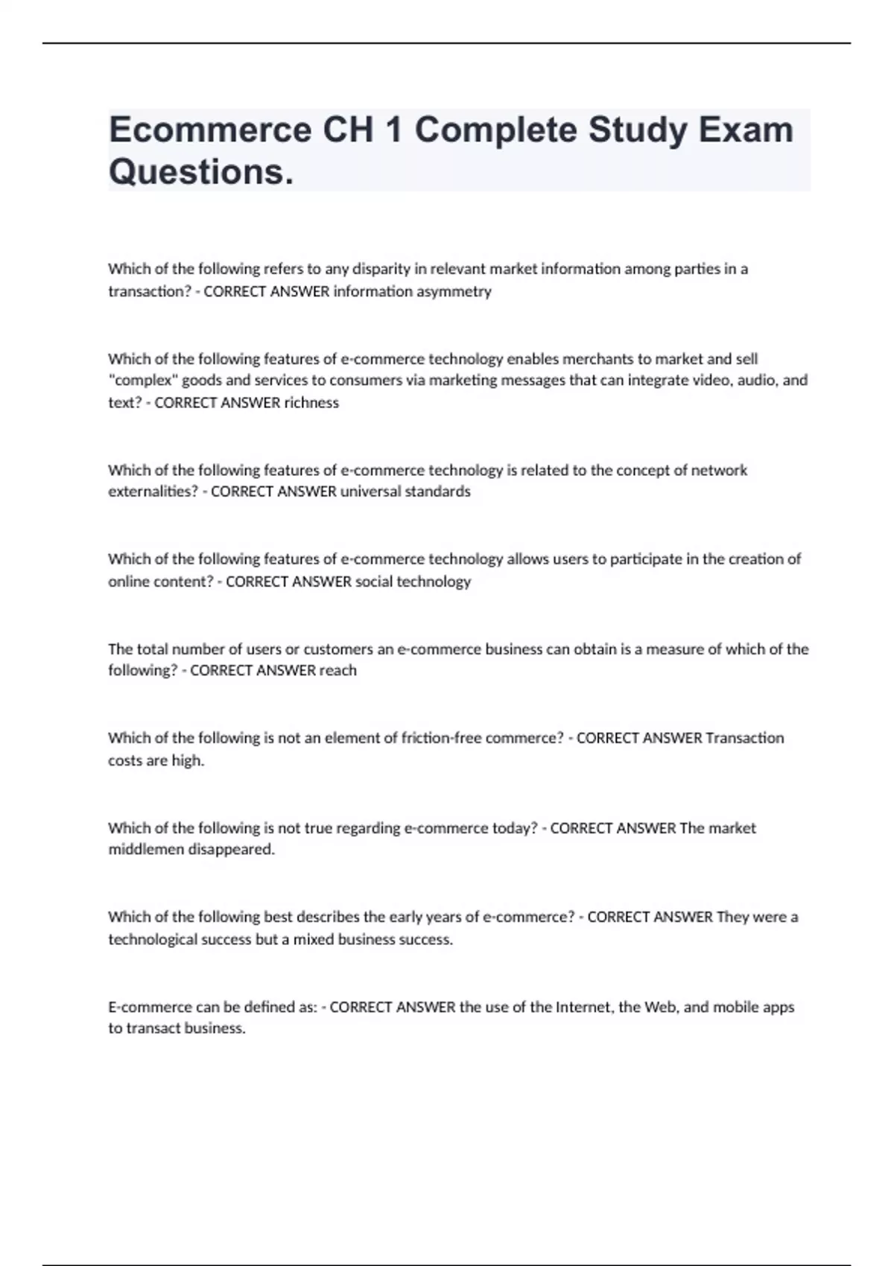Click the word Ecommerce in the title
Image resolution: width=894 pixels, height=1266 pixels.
[x=210, y=130]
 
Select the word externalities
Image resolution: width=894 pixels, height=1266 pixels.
[x=153, y=492]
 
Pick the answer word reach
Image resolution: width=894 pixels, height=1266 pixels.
[x=338, y=671]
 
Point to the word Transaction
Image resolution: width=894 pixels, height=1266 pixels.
[x=744, y=738]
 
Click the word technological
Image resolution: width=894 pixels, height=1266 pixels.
[x=155, y=940]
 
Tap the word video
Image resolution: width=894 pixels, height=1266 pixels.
[x=679, y=381]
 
